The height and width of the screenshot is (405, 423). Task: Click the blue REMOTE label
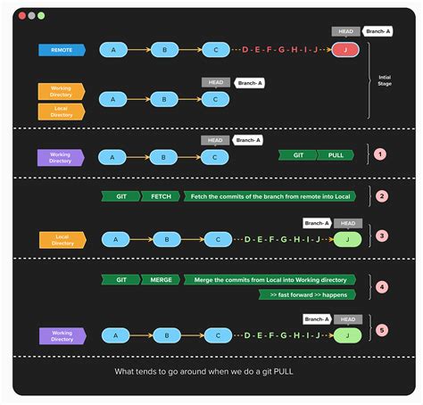tap(62, 50)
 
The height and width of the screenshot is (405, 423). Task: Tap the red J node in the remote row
tap(344, 50)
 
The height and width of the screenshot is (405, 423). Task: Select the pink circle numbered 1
tap(380, 154)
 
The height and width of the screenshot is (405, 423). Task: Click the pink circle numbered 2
tap(381, 196)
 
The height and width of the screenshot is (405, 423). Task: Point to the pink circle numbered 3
tap(381, 236)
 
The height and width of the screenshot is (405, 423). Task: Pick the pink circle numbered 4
tap(381, 286)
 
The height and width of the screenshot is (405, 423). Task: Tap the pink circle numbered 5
tap(381, 330)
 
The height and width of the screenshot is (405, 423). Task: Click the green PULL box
tap(336, 155)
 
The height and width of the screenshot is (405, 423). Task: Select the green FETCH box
tap(161, 196)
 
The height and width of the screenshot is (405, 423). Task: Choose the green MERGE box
tap(161, 279)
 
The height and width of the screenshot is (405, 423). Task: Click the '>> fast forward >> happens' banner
tap(307, 294)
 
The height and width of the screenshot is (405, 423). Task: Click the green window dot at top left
tap(42, 16)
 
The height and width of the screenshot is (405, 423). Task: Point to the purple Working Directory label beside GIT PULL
tap(62, 157)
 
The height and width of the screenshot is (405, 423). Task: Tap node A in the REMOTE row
tap(113, 50)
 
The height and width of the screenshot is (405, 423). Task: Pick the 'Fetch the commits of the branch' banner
tap(270, 196)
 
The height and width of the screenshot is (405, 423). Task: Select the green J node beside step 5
tap(347, 335)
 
